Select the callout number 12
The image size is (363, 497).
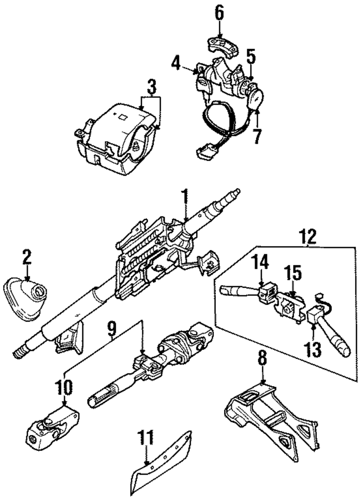point(308,237)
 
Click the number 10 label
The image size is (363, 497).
point(64,387)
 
